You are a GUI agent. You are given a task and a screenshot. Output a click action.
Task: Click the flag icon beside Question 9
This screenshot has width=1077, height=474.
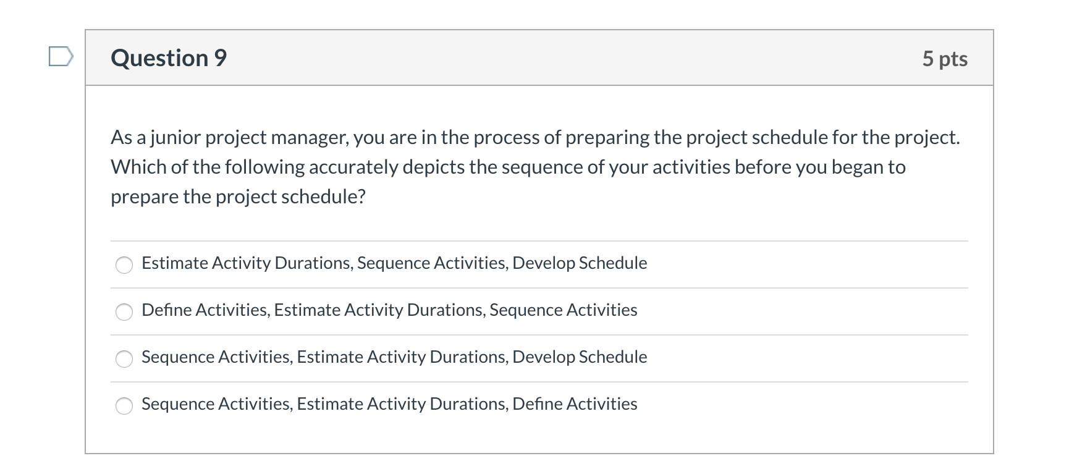[x=61, y=57]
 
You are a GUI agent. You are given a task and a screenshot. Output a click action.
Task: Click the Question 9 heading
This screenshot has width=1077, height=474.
[x=169, y=58]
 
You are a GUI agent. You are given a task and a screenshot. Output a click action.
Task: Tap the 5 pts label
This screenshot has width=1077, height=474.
[x=944, y=59]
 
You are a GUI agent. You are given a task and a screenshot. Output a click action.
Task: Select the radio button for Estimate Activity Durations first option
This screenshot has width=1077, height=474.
[x=124, y=265]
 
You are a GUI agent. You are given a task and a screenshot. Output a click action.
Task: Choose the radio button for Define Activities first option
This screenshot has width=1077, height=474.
[x=124, y=311]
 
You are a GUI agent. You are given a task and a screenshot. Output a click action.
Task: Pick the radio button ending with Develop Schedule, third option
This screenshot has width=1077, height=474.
[x=124, y=358]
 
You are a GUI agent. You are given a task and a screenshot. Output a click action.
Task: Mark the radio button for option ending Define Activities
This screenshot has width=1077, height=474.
[x=124, y=405]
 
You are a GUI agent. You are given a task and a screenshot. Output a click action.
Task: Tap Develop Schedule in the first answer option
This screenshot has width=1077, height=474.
[x=580, y=263]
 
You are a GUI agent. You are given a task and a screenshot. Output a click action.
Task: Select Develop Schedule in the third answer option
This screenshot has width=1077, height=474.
[x=580, y=357]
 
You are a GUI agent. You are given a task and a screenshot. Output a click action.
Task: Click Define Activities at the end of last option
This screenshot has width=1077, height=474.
[x=575, y=404]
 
